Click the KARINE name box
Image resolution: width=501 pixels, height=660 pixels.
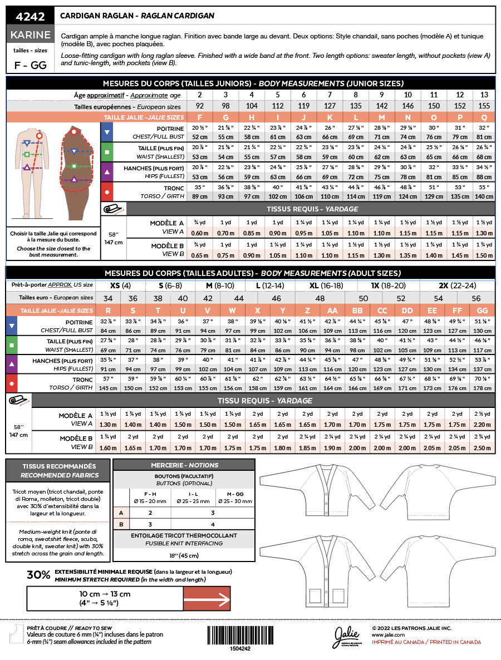point(31,35)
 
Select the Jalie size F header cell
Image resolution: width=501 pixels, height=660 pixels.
point(199,117)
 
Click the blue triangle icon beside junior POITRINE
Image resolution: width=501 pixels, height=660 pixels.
point(107,132)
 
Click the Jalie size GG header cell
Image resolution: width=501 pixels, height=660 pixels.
point(483,310)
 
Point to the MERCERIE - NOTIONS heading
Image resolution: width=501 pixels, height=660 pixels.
point(184,465)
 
